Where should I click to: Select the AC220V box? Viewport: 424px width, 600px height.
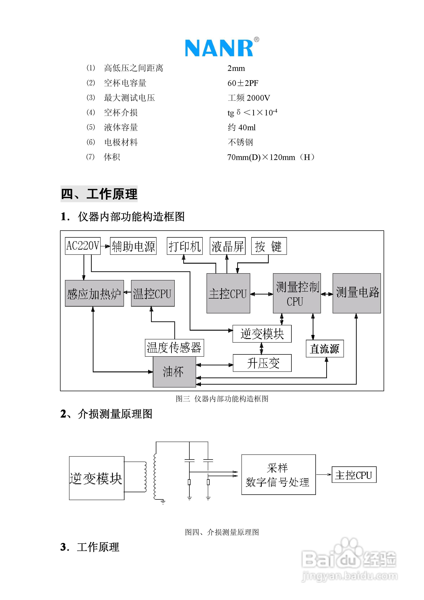83,246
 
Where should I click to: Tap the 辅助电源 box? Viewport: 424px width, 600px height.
133,246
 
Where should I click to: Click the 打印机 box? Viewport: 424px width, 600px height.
185,246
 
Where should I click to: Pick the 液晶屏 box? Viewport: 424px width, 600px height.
227,246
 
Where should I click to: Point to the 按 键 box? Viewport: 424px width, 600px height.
269,246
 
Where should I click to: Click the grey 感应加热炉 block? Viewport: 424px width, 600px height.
94,293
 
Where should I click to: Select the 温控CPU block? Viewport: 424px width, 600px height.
153,293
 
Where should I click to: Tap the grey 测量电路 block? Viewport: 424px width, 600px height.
357,293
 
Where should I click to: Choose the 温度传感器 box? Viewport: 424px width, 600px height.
174,348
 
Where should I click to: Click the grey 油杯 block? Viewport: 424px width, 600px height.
174,372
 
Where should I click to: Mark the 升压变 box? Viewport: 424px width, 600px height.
262,363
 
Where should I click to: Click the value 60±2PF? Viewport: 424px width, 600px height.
243,83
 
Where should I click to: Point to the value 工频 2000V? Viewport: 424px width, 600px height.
249,98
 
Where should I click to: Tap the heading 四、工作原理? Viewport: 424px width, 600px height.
99,194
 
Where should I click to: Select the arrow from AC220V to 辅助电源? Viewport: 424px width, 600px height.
105,246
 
